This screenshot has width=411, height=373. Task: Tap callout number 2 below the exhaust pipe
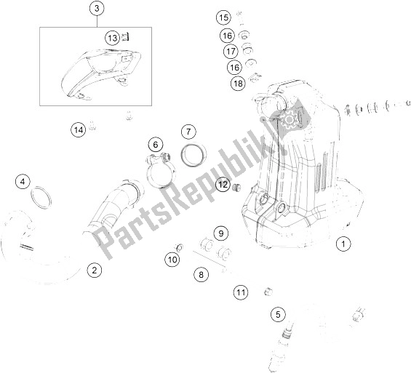click(x=93, y=271)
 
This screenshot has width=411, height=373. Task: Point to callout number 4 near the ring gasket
click(x=25, y=181)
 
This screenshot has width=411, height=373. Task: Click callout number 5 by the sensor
click(x=277, y=314)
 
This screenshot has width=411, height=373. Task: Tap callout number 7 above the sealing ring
click(x=188, y=132)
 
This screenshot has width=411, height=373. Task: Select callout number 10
click(x=172, y=259)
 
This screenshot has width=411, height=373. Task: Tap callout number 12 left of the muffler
click(x=223, y=185)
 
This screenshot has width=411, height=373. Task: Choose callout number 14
click(x=78, y=130)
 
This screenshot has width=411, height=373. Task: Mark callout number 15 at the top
click(x=223, y=17)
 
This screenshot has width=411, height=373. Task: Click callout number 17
click(x=231, y=51)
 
